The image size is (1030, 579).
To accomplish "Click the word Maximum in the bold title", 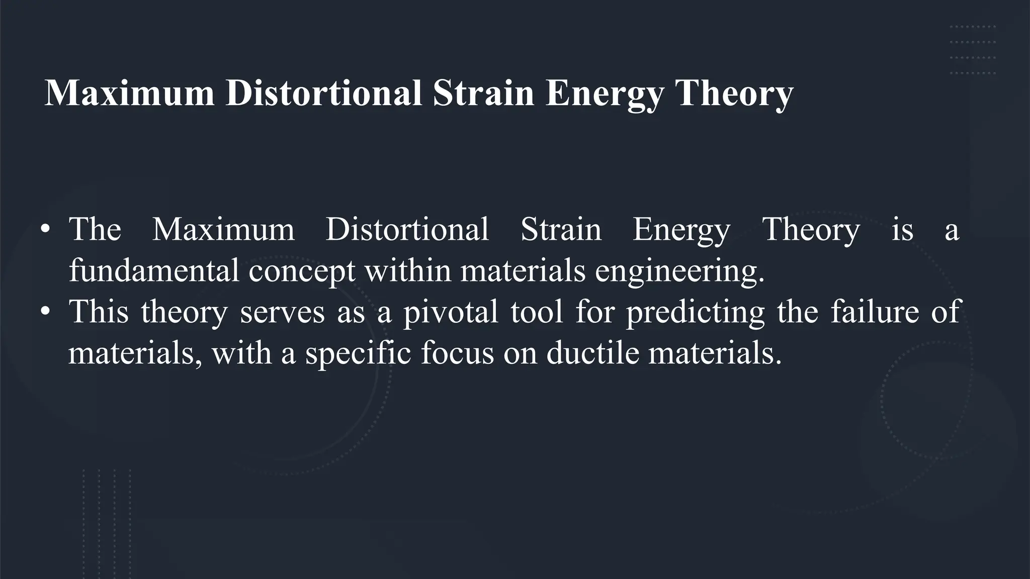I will click(x=129, y=93).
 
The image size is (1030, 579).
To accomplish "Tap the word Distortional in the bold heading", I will click(x=323, y=93).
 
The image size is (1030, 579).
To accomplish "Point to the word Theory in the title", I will click(x=734, y=94).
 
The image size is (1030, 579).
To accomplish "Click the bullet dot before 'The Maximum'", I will click(x=45, y=230).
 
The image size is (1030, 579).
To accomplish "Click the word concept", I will click(x=302, y=271).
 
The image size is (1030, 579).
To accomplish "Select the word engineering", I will click(x=679, y=271).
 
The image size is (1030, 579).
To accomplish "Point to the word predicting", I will click(x=695, y=312).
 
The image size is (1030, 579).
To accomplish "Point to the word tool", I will click(x=537, y=312).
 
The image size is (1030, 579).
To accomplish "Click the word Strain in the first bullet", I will click(x=561, y=230).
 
